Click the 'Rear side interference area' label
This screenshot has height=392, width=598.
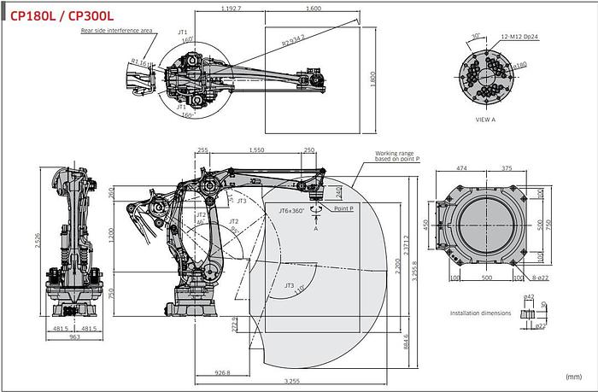(117, 30)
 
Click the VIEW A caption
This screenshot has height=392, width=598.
(486, 120)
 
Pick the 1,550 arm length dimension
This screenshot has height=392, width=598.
(254, 149)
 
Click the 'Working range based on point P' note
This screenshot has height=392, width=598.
(397, 158)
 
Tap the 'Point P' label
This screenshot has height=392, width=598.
(343, 208)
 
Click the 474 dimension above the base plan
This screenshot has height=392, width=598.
(462, 168)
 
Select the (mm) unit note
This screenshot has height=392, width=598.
(573, 376)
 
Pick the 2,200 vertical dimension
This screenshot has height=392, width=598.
(396, 266)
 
